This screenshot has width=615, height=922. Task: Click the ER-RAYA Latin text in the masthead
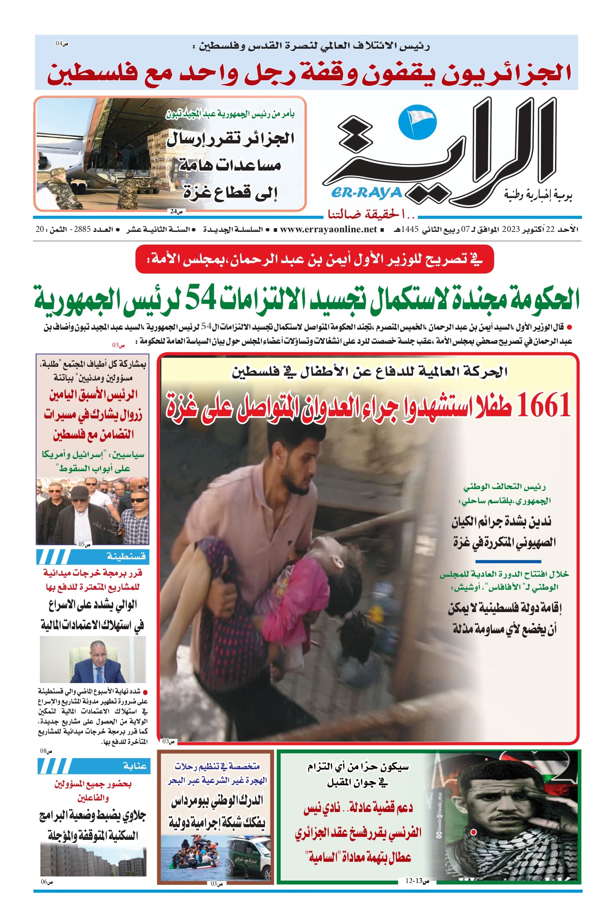coord(367,193)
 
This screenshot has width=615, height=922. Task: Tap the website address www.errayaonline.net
coord(328,229)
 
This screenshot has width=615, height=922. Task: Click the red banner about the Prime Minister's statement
coord(314,259)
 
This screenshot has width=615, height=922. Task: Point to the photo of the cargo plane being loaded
coord(98,153)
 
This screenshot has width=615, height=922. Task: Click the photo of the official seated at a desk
coord(93,659)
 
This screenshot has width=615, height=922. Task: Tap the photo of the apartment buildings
coord(93,860)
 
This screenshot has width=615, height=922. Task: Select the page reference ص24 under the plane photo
coord(176,211)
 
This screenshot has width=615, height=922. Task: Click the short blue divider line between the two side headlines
coord(508,562)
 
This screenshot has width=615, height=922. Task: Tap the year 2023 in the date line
coord(511,229)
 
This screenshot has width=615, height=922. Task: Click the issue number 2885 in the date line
coord(82,229)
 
